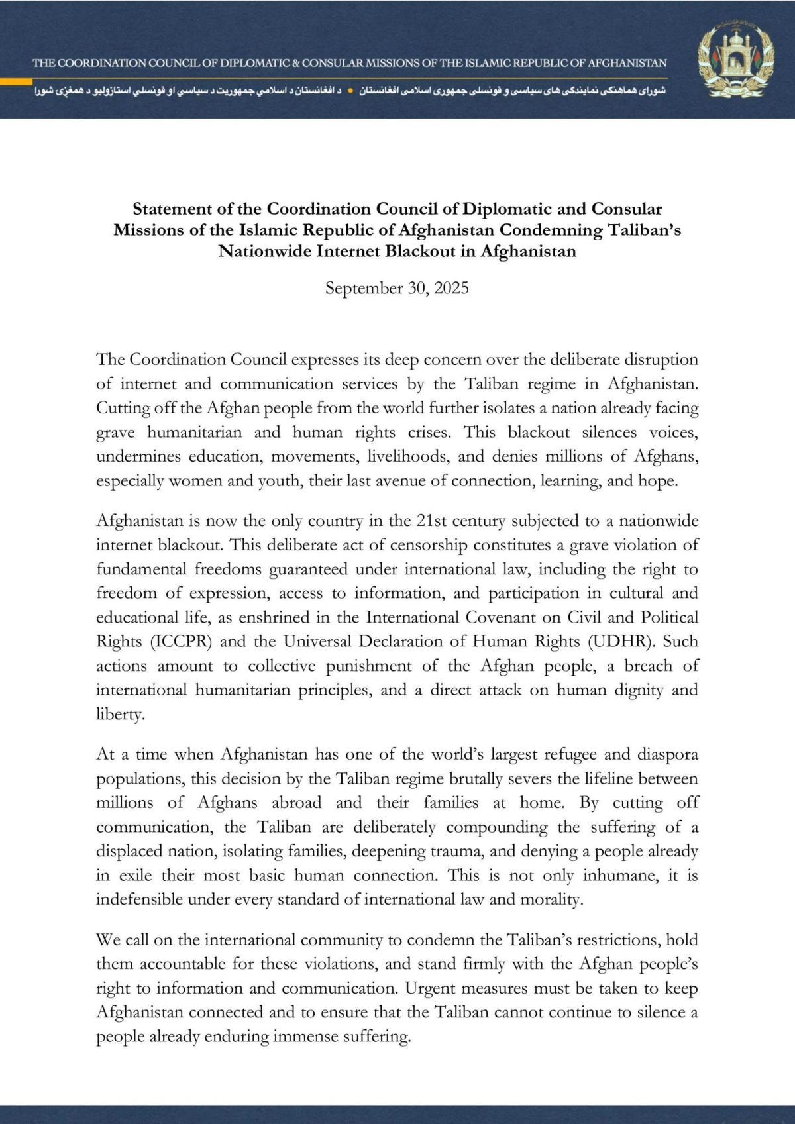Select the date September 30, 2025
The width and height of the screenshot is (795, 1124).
click(397, 288)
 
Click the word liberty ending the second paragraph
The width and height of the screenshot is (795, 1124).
click(120, 715)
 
